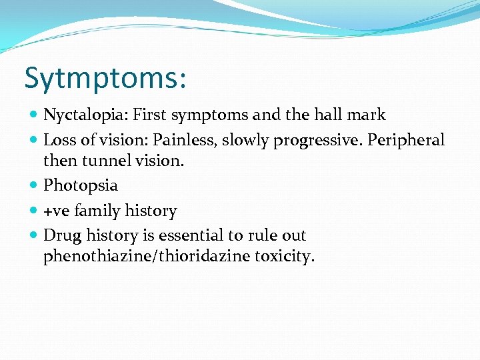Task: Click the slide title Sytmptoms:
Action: [x=105, y=79]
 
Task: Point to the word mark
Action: [x=367, y=115]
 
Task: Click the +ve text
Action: [x=57, y=211]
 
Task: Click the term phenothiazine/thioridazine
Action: [x=147, y=257]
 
